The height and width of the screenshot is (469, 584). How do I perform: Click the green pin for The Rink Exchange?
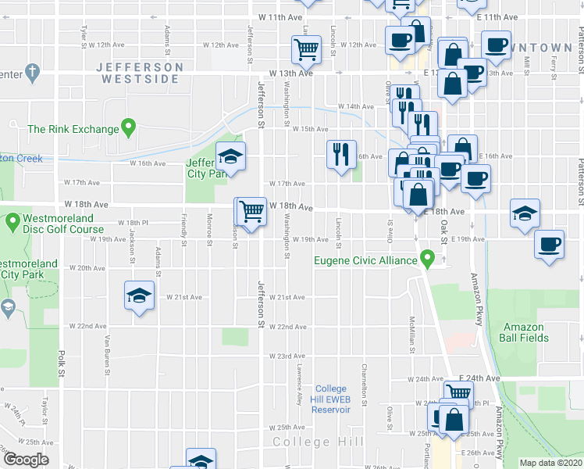130,127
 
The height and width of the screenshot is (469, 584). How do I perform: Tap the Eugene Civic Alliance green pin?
426,259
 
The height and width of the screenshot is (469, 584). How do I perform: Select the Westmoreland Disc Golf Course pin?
12,223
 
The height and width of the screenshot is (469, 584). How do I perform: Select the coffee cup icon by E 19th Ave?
549,245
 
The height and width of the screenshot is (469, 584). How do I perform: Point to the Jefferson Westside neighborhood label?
140,73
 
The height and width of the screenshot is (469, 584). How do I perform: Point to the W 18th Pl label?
133,223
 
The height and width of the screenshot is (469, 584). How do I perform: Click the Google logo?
25,460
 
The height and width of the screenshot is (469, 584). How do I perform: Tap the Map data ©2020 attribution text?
550,463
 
